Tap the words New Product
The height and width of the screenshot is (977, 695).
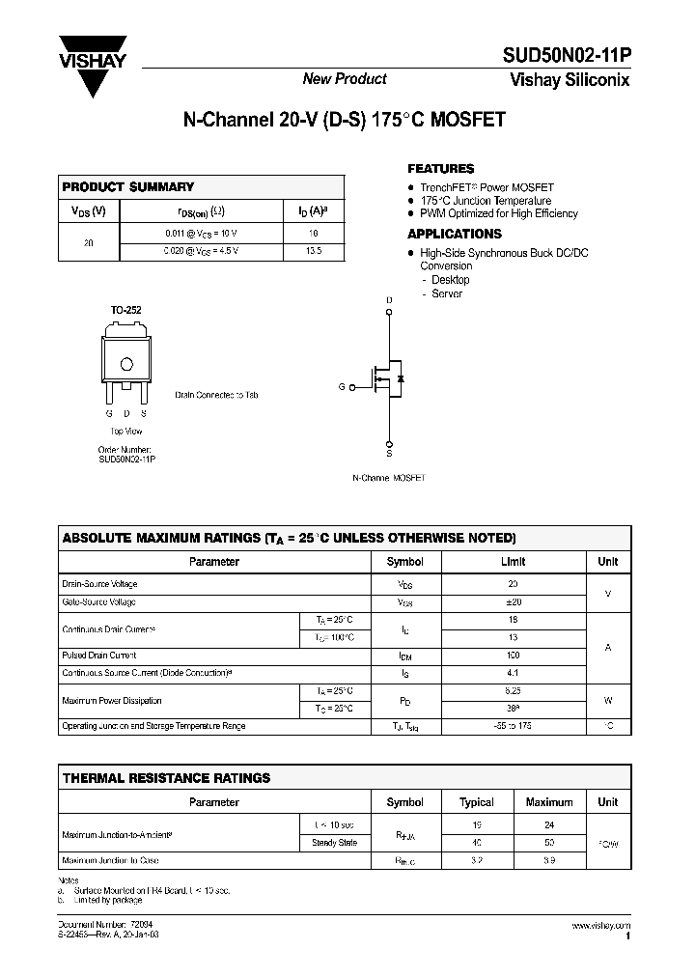[345, 79]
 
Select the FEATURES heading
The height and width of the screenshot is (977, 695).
[441, 168]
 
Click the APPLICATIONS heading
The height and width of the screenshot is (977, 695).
[455, 234]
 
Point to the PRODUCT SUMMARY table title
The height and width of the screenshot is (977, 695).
[128, 186]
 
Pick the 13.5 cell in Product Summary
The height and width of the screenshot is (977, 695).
[313, 251]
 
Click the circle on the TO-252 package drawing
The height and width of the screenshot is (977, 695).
[126, 364]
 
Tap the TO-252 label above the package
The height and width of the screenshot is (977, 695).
[125, 310]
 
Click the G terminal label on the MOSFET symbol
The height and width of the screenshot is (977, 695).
[341, 386]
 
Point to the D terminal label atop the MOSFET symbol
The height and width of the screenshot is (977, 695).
[390, 300]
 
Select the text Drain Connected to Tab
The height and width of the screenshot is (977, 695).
[216, 395]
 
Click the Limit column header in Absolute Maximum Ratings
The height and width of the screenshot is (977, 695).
[514, 561]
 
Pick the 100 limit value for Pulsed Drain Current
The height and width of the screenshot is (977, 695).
[514, 656]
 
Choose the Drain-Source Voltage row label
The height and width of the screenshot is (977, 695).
[100, 584]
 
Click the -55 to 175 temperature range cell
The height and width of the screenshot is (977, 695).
[514, 726]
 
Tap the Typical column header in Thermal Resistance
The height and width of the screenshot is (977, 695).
[477, 801]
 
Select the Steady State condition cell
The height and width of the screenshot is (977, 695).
[335, 843]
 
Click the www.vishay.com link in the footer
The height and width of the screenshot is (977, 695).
[600, 926]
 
